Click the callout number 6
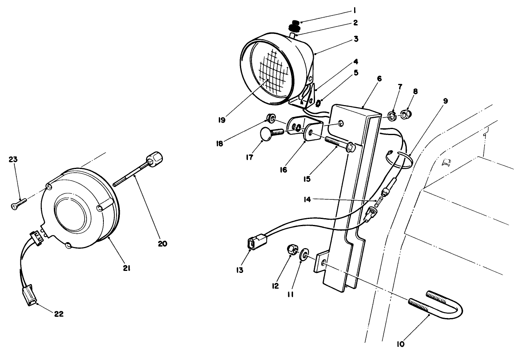click(x=368, y=79)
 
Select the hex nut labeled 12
click(x=292, y=250)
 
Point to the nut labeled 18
click(x=270, y=118)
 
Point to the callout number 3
click(x=356, y=39)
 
